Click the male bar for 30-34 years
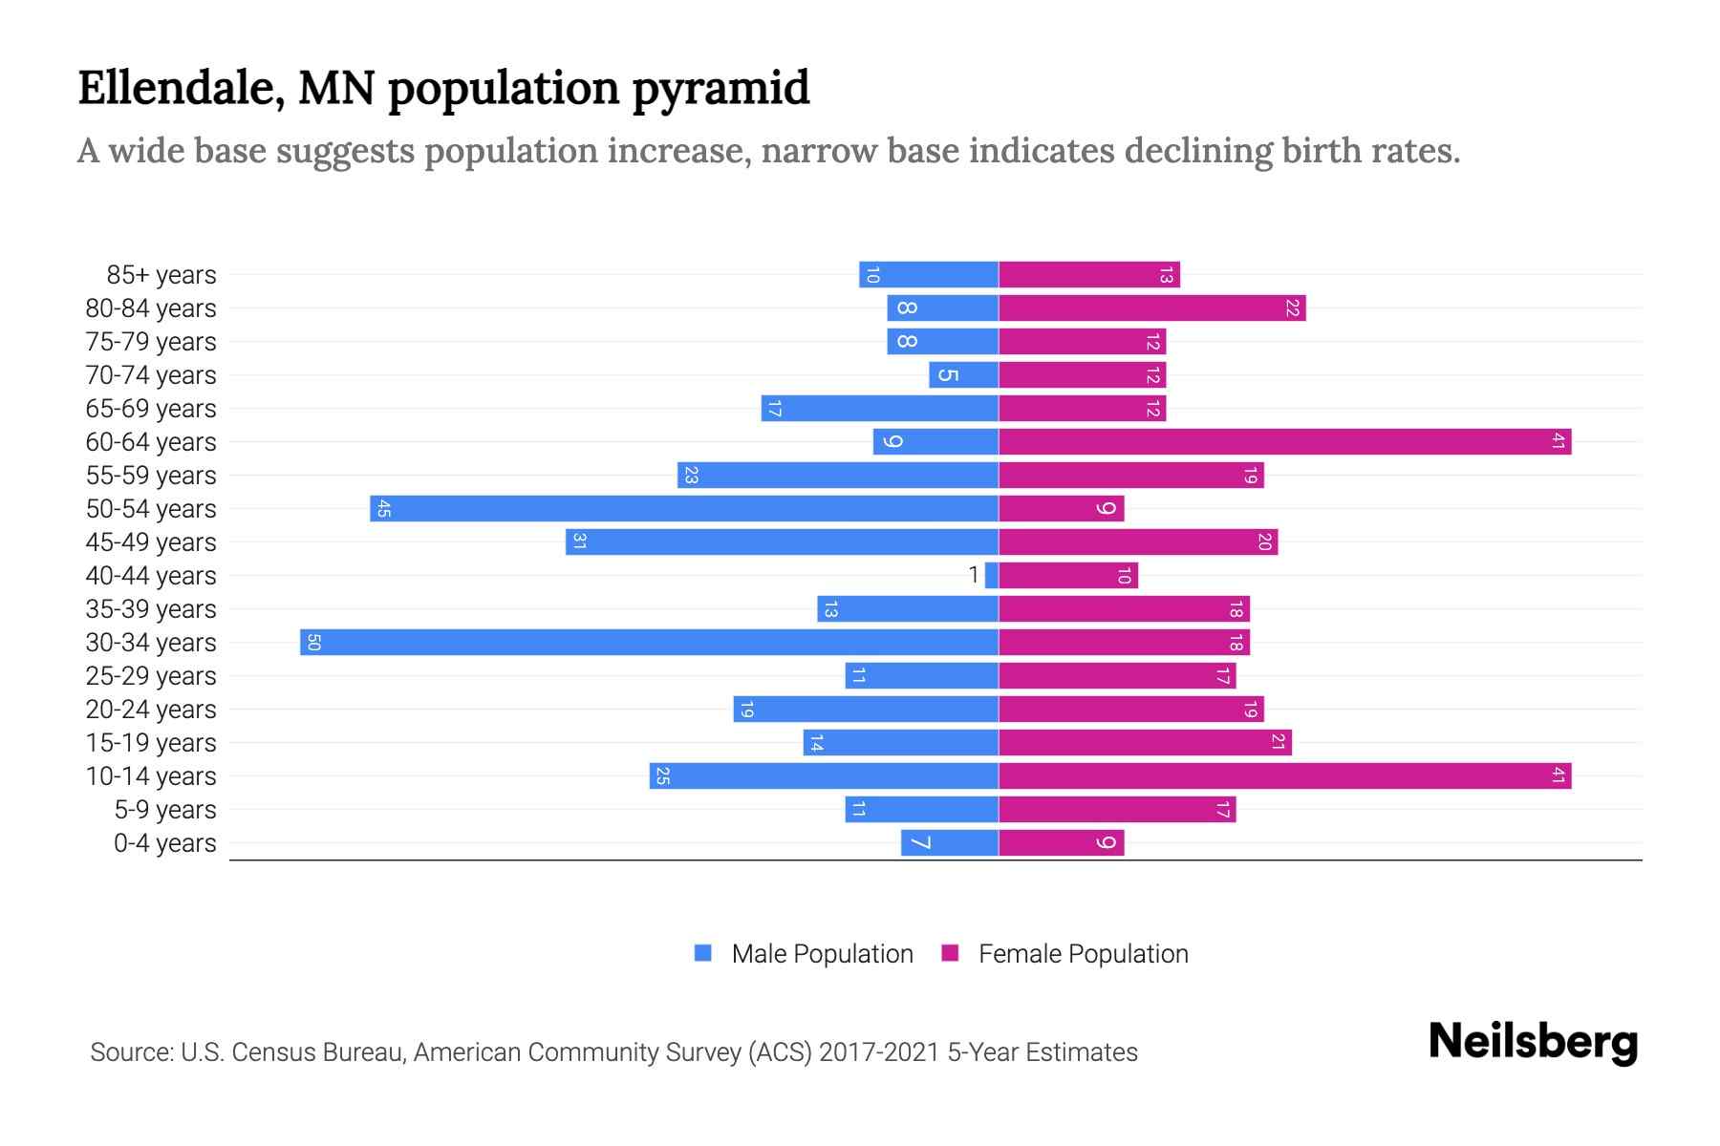(x=650, y=642)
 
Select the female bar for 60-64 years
(x=1284, y=441)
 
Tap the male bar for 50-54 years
(x=684, y=508)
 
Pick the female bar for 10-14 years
(x=1284, y=775)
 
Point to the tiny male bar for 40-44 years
(x=992, y=575)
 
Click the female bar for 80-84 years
(x=1151, y=308)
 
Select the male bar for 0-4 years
(x=950, y=842)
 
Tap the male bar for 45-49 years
(x=782, y=541)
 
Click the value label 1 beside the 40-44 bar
(x=974, y=575)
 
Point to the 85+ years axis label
(x=161, y=275)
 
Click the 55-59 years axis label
(x=151, y=476)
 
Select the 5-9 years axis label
(x=165, y=810)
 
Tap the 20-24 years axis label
(x=151, y=710)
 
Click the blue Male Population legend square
(x=703, y=953)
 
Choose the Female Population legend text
(x=1083, y=954)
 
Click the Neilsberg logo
(x=1533, y=1042)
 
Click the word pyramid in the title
(x=720, y=88)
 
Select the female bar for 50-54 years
(x=1061, y=508)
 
